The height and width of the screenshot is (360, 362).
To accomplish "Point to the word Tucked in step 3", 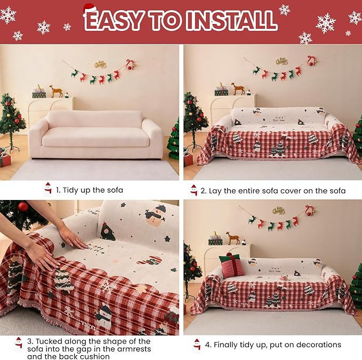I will coord(47,340).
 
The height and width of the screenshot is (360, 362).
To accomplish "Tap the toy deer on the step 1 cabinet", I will coord(55,91).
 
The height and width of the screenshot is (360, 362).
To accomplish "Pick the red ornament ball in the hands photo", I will coord(23,207).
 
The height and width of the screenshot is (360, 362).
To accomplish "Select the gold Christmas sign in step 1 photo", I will coord(100,65).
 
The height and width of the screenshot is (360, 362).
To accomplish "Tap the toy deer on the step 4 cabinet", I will coord(232,238).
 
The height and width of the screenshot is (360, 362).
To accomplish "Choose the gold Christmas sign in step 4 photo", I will coord(278,211).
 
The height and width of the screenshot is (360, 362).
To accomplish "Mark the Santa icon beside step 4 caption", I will coord(197,345).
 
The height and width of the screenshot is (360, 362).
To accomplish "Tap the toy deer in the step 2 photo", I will coord(238,88).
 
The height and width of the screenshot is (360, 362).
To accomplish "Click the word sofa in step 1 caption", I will coord(115,189).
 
